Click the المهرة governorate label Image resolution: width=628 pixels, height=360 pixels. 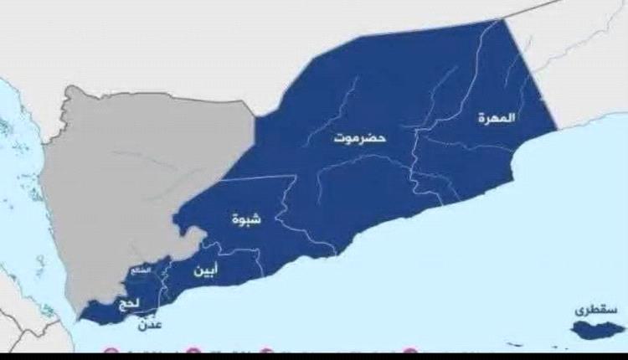click(x=497, y=118)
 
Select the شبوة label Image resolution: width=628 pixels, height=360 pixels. click(x=246, y=219)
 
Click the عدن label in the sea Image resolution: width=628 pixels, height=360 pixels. click(x=165, y=322)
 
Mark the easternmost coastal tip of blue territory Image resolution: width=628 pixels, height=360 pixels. click(x=557, y=130)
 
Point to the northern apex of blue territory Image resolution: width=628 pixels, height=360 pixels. click(x=502, y=19)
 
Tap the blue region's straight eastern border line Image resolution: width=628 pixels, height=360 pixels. click(x=530, y=75)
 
